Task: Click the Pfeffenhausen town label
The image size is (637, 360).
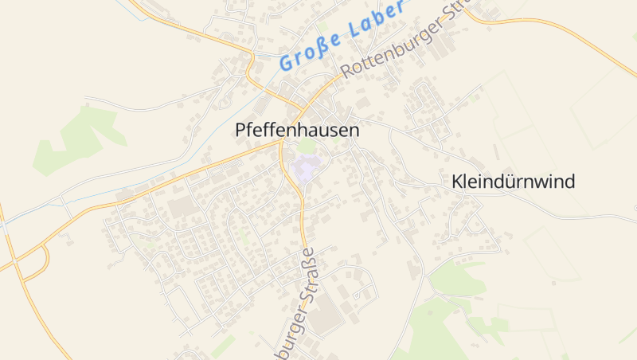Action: coord(298,131)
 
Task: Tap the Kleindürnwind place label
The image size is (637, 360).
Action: coord(513,182)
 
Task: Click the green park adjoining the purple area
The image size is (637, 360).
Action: coord(307,147)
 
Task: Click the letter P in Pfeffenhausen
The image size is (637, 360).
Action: coord(241,131)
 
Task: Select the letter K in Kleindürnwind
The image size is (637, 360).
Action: coord(456,182)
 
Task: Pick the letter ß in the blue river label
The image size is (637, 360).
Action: coord(331,38)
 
